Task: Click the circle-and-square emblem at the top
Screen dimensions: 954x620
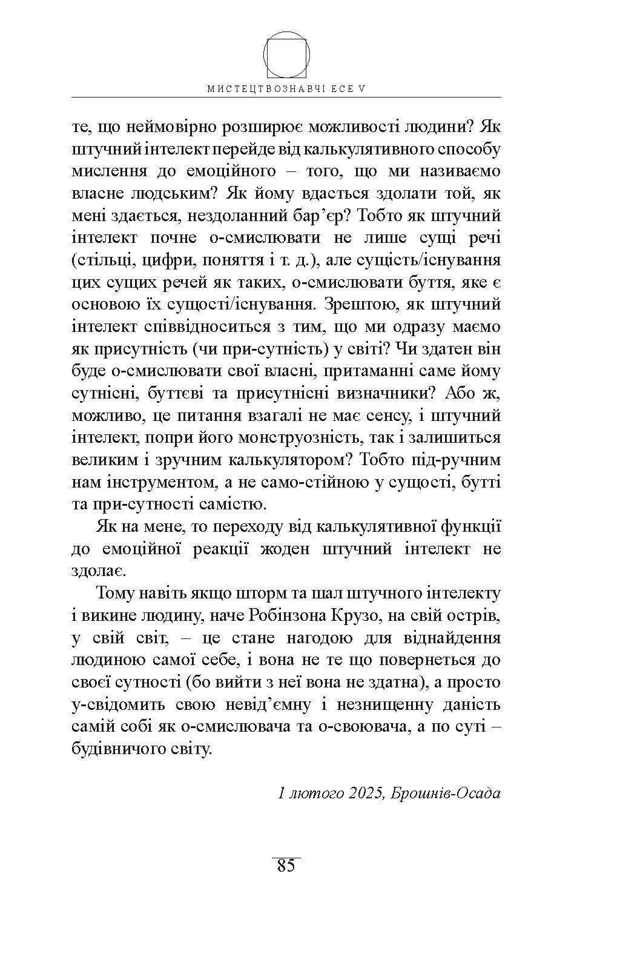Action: coord(286,56)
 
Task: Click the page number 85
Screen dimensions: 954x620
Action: coord(286,866)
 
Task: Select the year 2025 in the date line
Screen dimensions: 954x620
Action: coord(364,792)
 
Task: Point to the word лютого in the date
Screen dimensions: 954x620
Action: coord(319,792)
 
